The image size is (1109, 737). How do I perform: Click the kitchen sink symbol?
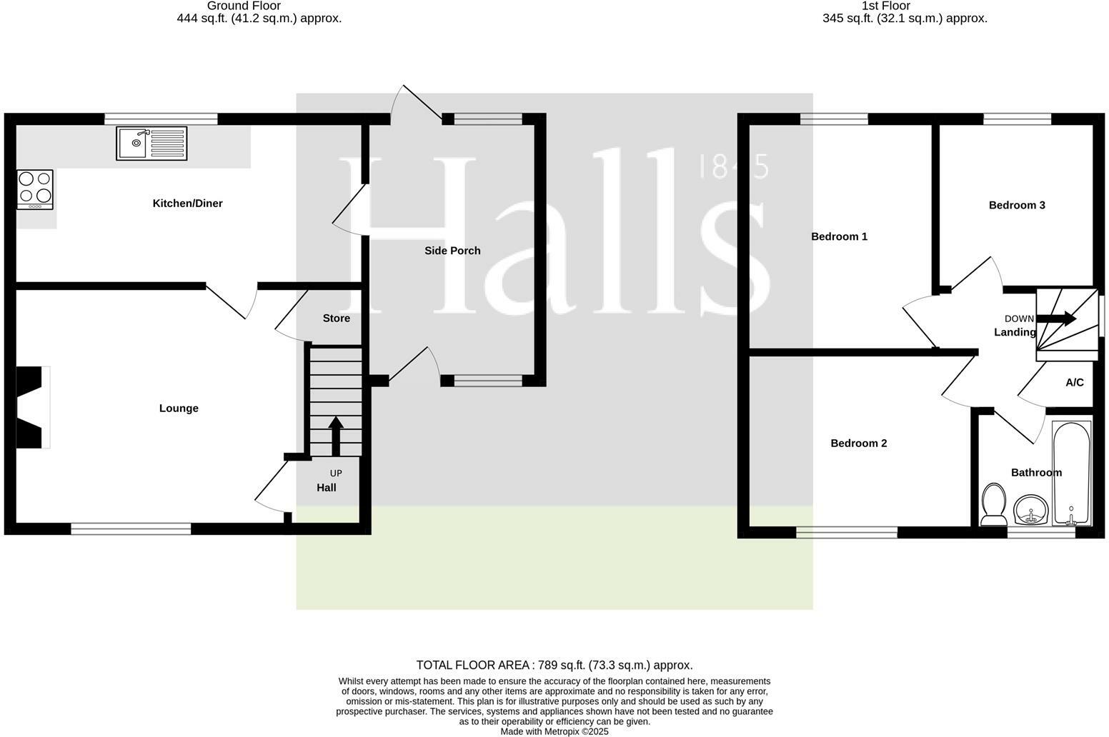point(151,144)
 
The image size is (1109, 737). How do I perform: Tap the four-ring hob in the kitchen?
point(35,189)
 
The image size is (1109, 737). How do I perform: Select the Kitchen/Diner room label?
point(187,204)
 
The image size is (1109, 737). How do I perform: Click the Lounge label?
point(179,408)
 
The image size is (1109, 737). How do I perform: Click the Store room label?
point(336,319)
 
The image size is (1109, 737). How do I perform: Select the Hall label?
point(327,488)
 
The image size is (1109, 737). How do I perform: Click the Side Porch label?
point(452,251)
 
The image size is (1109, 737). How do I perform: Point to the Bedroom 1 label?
point(839,236)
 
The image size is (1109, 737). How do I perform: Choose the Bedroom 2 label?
point(858,443)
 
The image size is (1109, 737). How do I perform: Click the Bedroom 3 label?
point(1017,206)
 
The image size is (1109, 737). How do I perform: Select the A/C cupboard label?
point(1074,383)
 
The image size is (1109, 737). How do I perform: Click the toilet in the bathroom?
point(993,504)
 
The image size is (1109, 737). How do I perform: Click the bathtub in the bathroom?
point(1071,473)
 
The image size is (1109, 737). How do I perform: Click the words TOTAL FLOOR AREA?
point(472,666)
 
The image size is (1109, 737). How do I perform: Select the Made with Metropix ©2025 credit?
point(554,731)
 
